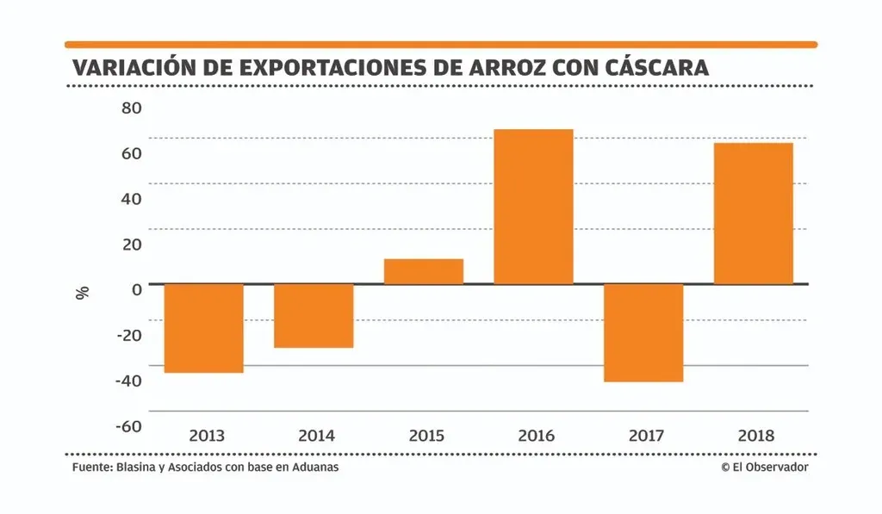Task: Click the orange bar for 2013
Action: click(x=204, y=328)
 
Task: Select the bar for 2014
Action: click(x=314, y=315)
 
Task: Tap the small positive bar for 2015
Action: click(x=424, y=271)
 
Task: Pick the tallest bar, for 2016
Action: click(x=533, y=207)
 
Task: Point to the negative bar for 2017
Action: click(x=643, y=332)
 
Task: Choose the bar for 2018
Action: click(x=754, y=213)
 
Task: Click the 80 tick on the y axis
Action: click(x=132, y=108)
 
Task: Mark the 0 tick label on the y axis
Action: click(x=136, y=288)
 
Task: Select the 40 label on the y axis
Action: click(x=132, y=199)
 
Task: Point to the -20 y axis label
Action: click(x=127, y=334)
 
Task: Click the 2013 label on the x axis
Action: click(x=206, y=436)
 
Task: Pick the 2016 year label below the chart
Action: click(x=536, y=436)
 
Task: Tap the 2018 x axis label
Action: click(x=756, y=436)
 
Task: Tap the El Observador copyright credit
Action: click(x=765, y=468)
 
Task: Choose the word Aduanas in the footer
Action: click(x=315, y=468)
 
